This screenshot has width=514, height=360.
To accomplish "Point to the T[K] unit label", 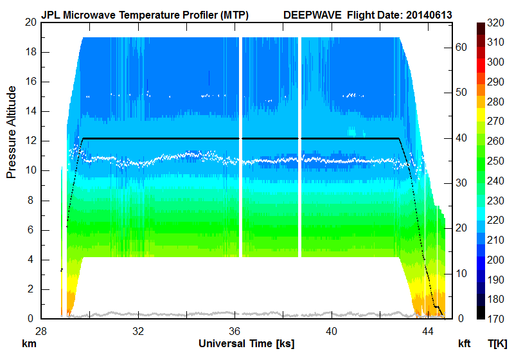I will tap(497, 343).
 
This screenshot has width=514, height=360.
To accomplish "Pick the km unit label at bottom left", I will tap(28, 343).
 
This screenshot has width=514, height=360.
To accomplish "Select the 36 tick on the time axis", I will tap(235, 330).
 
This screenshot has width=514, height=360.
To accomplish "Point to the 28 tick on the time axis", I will tap(41, 330).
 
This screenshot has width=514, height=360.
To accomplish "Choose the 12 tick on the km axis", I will tap(30, 141).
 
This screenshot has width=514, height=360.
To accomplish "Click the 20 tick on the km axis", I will tap(30, 22).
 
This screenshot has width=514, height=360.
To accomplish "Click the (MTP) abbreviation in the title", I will tap(233, 14).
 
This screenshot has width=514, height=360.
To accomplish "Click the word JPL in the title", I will tap(51, 14).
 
